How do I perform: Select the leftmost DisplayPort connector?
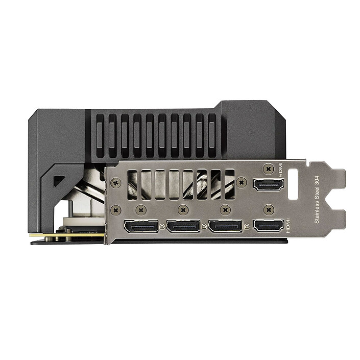(x=141, y=226)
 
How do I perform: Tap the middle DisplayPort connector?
(x=183, y=226)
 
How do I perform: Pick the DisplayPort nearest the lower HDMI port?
(x=225, y=226)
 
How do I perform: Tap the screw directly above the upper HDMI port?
(x=269, y=166)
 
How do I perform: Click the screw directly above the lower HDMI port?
(x=269, y=209)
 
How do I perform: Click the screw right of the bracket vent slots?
(x=241, y=181)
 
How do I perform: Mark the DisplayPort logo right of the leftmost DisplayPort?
(x=162, y=225)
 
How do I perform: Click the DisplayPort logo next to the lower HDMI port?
(x=247, y=225)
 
